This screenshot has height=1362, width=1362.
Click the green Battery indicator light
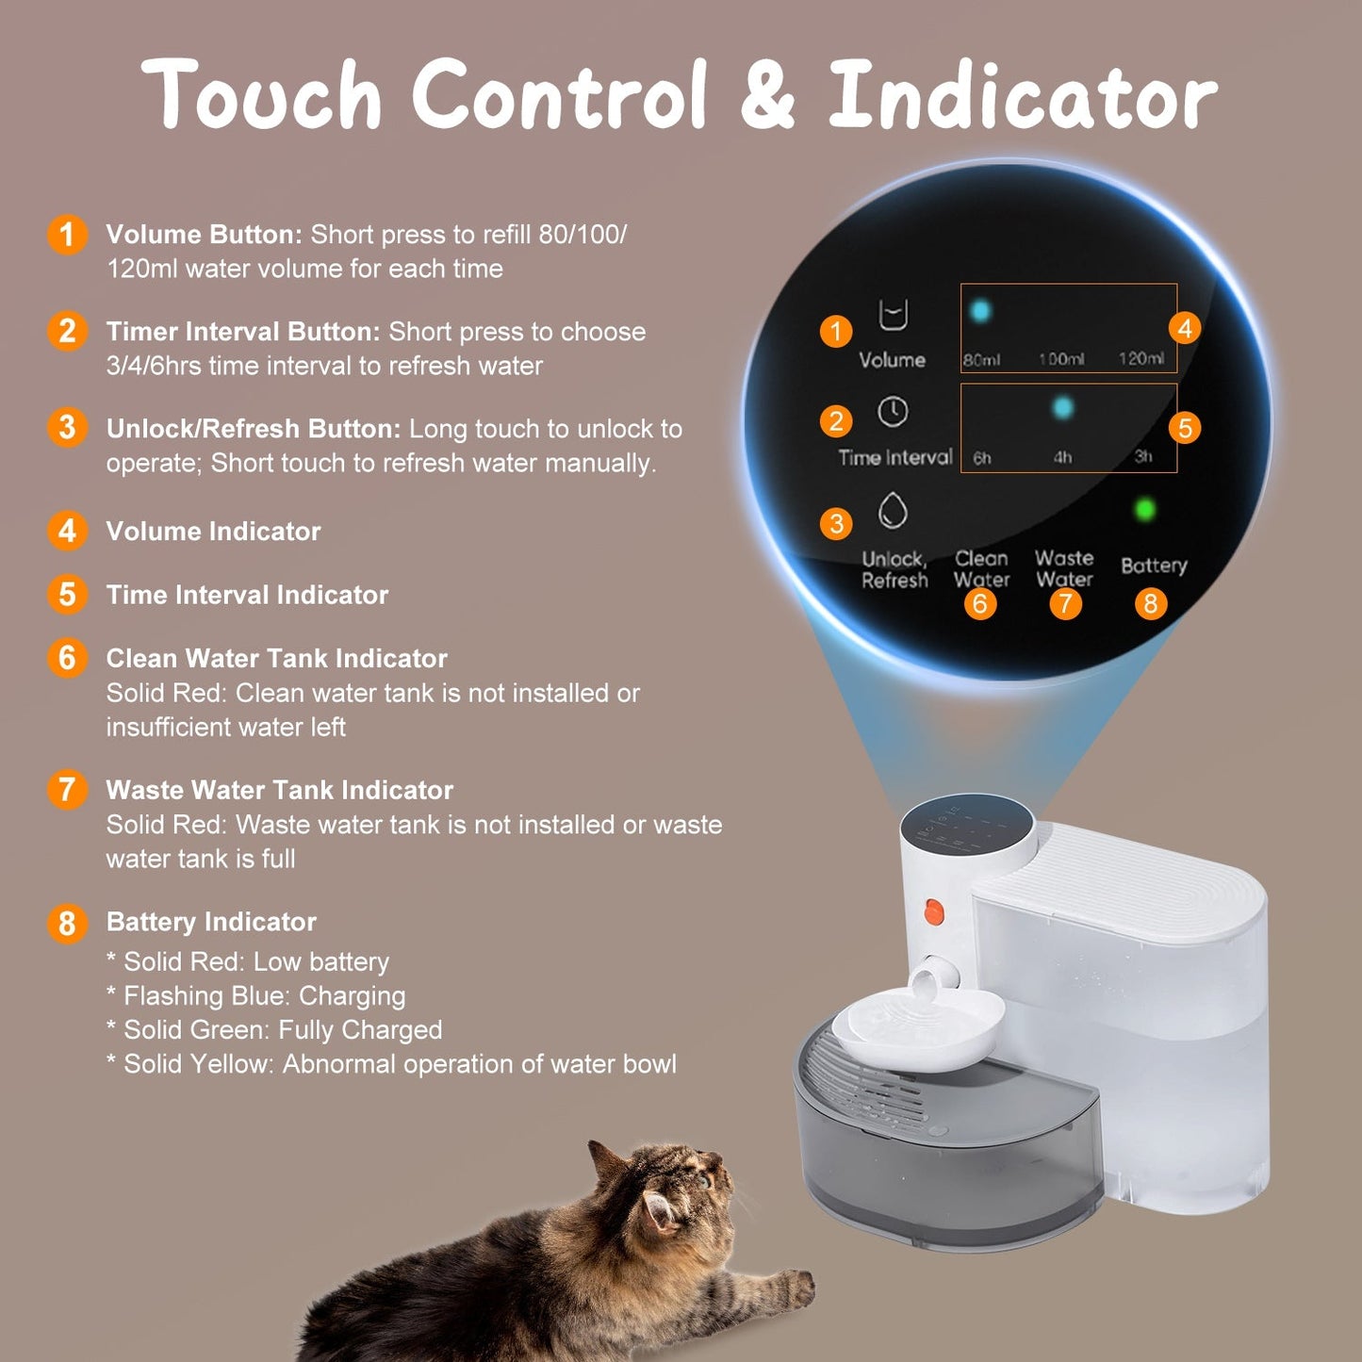tap(1145, 510)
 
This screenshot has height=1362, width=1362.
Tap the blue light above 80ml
tap(980, 310)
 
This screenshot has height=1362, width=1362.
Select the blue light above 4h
tap(1062, 407)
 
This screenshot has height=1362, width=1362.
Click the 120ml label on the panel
tap(1140, 358)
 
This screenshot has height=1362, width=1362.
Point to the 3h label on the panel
tap(1143, 457)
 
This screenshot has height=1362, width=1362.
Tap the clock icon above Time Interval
tap(893, 412)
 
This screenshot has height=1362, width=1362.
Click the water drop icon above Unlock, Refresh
tap(893, 511)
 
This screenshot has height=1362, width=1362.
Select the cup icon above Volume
tap(893, 315)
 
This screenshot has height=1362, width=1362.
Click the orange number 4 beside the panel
tap(1185, 328)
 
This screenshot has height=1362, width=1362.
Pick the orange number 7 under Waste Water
tap(1065, 603)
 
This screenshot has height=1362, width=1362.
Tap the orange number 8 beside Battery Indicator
tap(66, 923)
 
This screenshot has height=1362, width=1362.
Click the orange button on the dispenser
tap(933, 911)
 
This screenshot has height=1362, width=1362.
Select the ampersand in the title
tap(767, 94)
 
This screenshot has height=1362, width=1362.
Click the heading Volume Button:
tap(204, 235)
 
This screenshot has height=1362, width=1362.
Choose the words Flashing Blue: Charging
tap(264, 996)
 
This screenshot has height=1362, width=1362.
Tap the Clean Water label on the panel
tap(981, 569)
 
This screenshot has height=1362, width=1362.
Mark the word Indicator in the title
tap(1023, 94)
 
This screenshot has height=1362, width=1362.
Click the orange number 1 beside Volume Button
tap(67, 235)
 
